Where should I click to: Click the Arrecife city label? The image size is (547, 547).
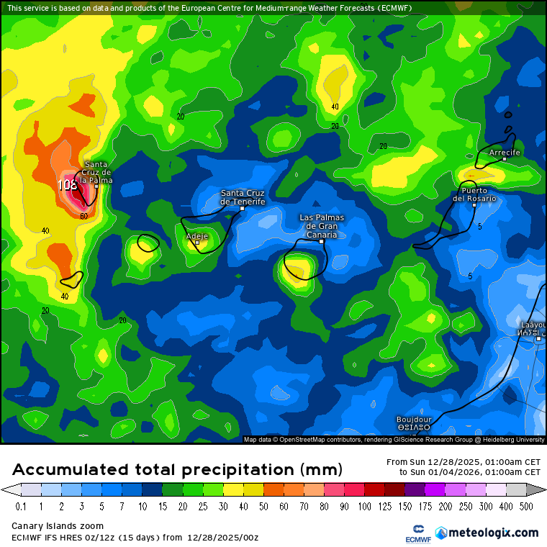click(504, 153)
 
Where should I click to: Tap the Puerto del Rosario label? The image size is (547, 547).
click(474, 194)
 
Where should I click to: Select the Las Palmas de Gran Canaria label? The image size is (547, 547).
click(322, 226)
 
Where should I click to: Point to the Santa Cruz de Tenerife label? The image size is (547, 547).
click(243, 197)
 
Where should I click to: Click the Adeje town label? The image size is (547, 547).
click(196, 236)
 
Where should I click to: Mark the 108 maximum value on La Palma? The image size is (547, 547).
click(67, 185)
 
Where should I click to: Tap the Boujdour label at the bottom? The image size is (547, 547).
click(414, 420)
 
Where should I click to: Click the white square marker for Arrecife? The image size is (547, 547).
click(504, 160)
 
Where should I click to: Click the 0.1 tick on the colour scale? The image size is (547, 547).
click(21, 507)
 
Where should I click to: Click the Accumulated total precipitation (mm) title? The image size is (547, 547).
click(177, 470)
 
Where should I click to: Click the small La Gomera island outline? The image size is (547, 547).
click(148, 243)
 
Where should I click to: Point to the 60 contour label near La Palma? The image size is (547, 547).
click(83, 216)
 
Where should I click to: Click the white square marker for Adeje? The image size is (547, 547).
click(196, 243)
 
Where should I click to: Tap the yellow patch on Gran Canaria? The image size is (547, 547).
click(297, 270)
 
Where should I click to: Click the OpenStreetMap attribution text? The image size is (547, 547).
click(309, 439)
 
